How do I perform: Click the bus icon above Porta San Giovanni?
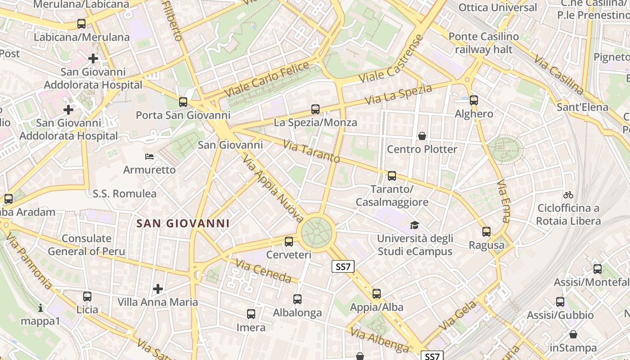tap(183, 102)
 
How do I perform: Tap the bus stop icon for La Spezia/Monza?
tap(315, 109)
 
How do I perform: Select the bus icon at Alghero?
tap(473, 100)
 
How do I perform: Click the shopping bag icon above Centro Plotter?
tap(422, 136)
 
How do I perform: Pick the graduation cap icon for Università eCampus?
tap(414, 225)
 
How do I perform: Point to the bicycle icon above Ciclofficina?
tap(568, 195)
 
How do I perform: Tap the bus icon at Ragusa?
tap(486, 232)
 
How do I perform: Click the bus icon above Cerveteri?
tap(289, 242)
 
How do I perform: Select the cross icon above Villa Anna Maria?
tap(157, 288)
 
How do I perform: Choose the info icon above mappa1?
tap(40, 308)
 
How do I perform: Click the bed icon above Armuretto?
tap(149, 157)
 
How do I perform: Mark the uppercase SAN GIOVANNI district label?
tap(183, 223)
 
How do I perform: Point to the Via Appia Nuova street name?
tap(273, 189)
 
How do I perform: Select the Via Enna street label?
tap(504, 201)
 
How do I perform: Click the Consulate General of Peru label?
tap(86, 245)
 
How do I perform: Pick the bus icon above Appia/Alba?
tap(377, 294)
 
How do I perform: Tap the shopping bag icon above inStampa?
tap(573, 335)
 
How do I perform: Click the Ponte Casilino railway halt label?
tap(484, 43)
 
